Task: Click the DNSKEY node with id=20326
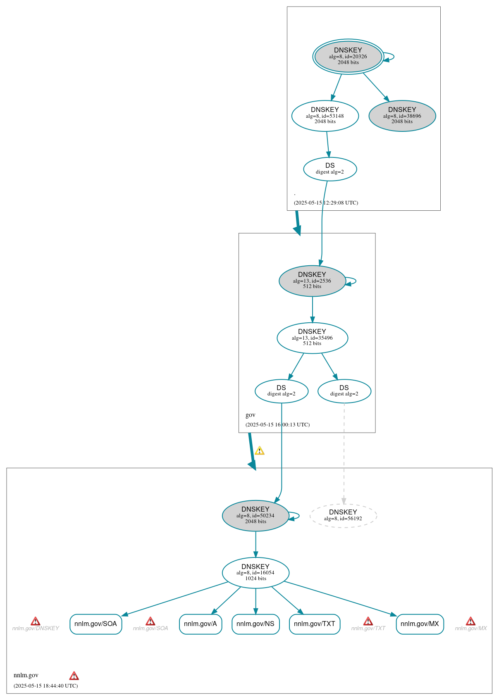point(348,57)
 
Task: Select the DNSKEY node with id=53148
point(325,116)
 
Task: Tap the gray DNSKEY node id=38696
point(402,116)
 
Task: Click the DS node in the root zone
point(330,169)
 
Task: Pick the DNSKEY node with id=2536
point(312,281)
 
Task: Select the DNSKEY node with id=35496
point(312,338)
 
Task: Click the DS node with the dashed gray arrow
point(344,391)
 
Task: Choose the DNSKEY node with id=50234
point(255,516)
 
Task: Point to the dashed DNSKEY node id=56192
point(343,516)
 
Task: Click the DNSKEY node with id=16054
point(255,573)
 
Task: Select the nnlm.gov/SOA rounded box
point(96,624)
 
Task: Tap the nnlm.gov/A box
point(201,624)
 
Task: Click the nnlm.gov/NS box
point(255,624)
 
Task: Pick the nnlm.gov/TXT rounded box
point(315,624)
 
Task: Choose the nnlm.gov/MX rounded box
point(420,624)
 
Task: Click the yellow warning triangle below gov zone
point(259,451)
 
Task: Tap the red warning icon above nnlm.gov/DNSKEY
point(36,621)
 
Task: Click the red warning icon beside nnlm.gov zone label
point(74,676)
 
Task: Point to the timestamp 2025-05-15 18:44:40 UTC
point(45,686)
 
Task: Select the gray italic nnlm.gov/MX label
point(470,629)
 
